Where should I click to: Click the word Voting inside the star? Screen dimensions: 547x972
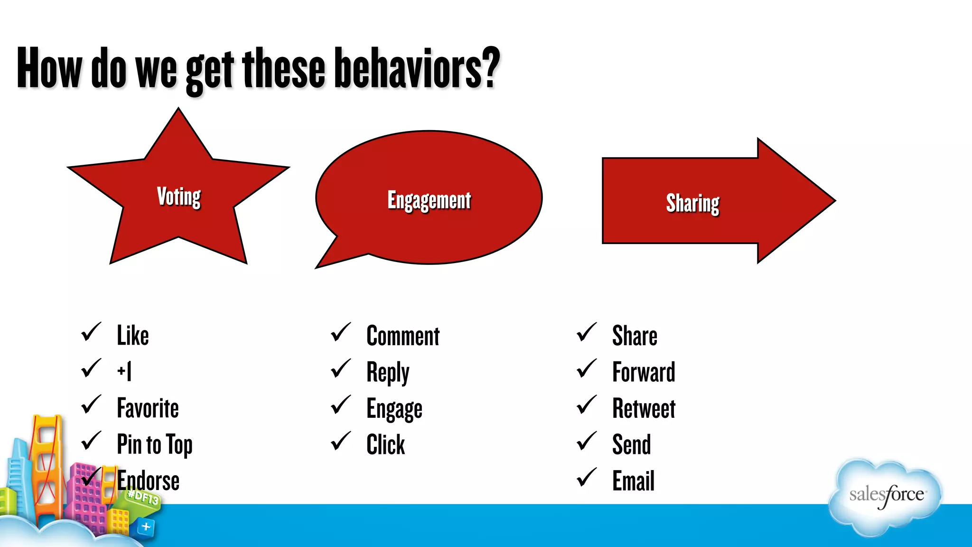tap(179, 197)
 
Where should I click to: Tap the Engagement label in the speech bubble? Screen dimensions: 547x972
tap(429, 200)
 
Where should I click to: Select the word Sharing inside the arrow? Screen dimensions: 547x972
tap(692, 203)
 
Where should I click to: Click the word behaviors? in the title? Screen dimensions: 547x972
tap(417, 69)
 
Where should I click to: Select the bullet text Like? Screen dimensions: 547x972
tap(133, 336)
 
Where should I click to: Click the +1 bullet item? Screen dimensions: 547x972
tap(124, 371)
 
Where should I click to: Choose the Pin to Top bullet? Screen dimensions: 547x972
tap(155, 445)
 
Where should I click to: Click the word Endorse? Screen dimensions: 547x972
tap(149, 481)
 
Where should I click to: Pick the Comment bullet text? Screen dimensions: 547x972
tap(403, 336)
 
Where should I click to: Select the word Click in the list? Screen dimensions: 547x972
tap(385, 445)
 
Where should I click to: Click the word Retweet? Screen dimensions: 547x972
tap(644, 409)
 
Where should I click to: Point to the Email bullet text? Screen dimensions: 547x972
tap(633, 481)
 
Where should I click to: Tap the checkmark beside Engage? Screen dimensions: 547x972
tap(341, 405)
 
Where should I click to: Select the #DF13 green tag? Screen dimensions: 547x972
tap(143, 498)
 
